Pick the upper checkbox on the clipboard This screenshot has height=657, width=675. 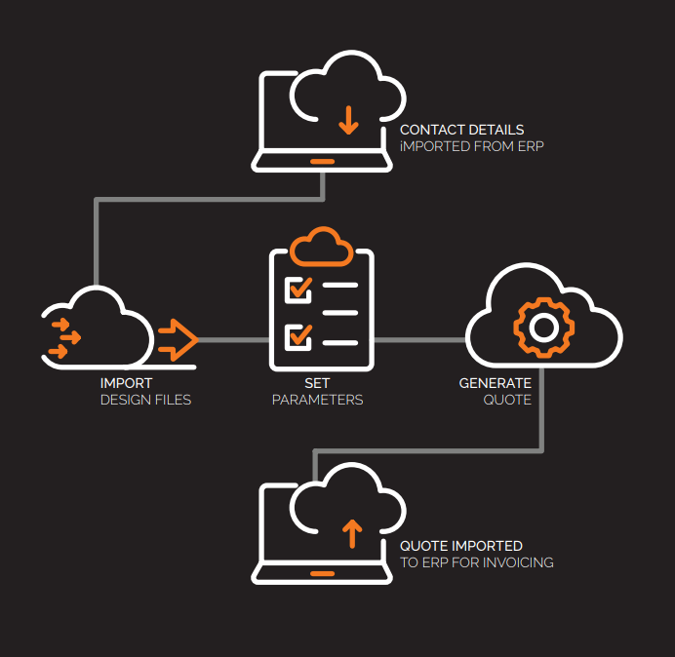pyautogui.click(x=298, y=289)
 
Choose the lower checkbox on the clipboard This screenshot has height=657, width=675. pyautogui.click(x=298, y=337)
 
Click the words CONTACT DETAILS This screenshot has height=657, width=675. pyautogui.click(x=461, y=130)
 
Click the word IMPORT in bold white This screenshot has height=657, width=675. pyautogui.click(x=126, y=383)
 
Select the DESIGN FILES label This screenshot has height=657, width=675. pyautogui.click(x=145, y=400)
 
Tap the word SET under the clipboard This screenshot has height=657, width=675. pyautogui.click(x=317, y=383)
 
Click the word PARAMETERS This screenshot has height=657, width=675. pyautogui.click(x=317, y=400)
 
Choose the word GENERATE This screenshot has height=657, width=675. pyautogui.click(x=496, y=383)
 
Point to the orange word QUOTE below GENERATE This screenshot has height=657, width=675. pyautogui.click(x=507, y=400)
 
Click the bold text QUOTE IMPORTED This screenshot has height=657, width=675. pyautogui.click(x=460, y=546)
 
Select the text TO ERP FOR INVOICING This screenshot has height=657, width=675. pyautogui.click(x=476, y=562)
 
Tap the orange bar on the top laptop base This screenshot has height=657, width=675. pyautogui.click(x=322, y=162)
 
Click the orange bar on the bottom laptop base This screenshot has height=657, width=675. pyautogui.click(x=322, y=573)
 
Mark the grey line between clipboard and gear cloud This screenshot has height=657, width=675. pyautogui.click(x=419, y=340)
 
